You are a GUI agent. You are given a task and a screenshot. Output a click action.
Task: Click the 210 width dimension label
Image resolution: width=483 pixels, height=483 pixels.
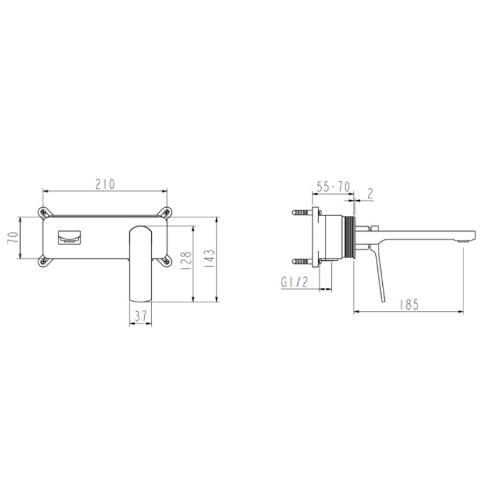pyautogui.click(x=105, y=185)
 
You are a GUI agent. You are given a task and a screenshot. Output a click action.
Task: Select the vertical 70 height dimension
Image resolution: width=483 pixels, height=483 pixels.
pyautogui.click(x=13, y=237)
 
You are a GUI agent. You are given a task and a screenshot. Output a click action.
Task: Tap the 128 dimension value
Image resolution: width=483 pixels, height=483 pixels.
pyautogui.click(x=186, y=261)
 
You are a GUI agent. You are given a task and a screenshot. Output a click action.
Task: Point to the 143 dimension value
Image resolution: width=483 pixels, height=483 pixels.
pyautogui.click(x=210, y=258)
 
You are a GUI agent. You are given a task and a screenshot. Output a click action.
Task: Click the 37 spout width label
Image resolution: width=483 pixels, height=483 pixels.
pyautogui.click(x=140, y=316)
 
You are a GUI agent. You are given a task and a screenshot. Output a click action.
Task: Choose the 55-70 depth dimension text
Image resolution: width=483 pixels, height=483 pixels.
pyautogui.click(x=334, y=187)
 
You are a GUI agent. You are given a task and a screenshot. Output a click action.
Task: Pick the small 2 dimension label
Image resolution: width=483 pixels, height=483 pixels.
pyautogui.click(x=370, y=193)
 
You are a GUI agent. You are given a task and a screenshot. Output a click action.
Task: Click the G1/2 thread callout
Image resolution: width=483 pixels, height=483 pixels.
pyautogui.click(x=294, y=282)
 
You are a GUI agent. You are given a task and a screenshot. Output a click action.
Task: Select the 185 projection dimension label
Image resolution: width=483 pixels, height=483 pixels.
pyautogui.click(x=409, y=305)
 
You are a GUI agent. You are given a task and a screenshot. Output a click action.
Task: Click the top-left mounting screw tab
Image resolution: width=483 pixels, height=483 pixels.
pyautogui.click(x=45, y=213)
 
